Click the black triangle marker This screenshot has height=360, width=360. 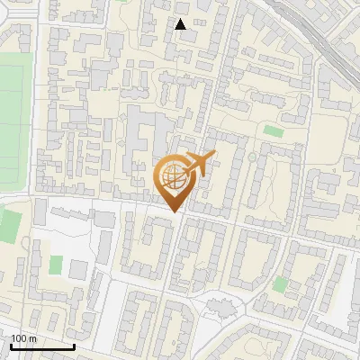pyautogui.click(x=181, y=24)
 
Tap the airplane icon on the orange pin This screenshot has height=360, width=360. pyautogui.click(x=198, y=164)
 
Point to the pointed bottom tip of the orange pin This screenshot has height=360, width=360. pyautogui.click(x=174, y=212)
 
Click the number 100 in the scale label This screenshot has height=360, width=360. pyautogui.click(x=18, y=338)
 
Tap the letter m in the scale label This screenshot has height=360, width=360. pyautogui.click(x=32, y=338)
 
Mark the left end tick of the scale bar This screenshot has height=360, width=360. pyautogui.click(x=11, y=346)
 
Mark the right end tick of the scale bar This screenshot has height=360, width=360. pyautogui.click(x=74, y=346)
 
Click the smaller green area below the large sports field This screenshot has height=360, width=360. pyautogui.click(x=10, y=225)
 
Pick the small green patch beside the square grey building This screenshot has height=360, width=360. pyautogui.click(x=56, y=265)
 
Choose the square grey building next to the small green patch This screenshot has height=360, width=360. pyautogui.click(x=77, y=268)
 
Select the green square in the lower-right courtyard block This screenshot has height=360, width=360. pyautogui.click(x=281, y=284)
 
